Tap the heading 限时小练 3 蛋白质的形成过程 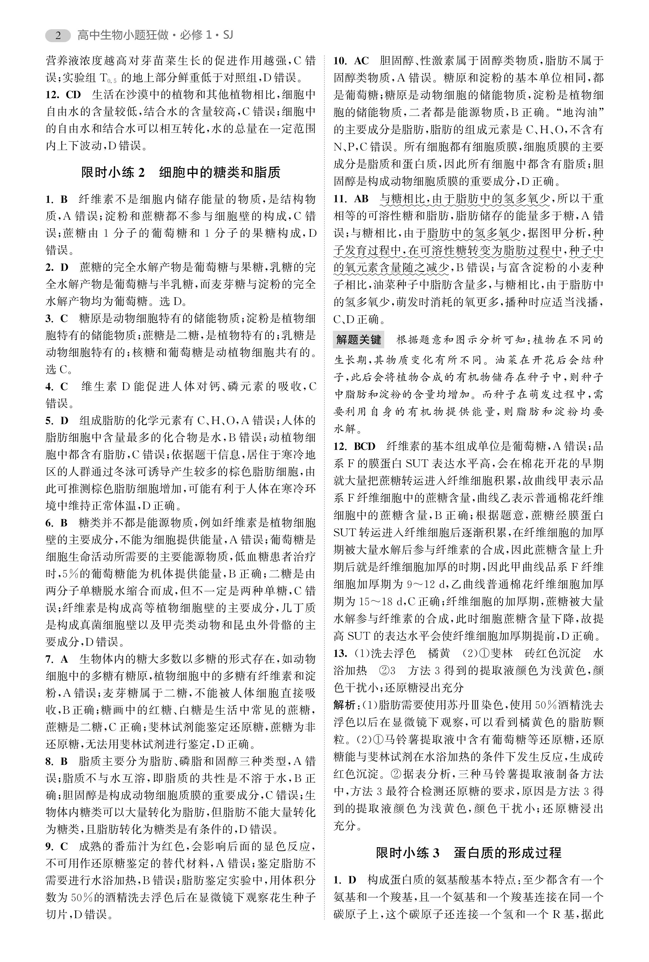[x=468, y=853]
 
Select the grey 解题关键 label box [x=359, y=340]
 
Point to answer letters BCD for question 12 [x=364, y=446]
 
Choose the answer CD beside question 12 [x=73, y=95]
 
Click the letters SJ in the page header [x=228, y=36]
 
